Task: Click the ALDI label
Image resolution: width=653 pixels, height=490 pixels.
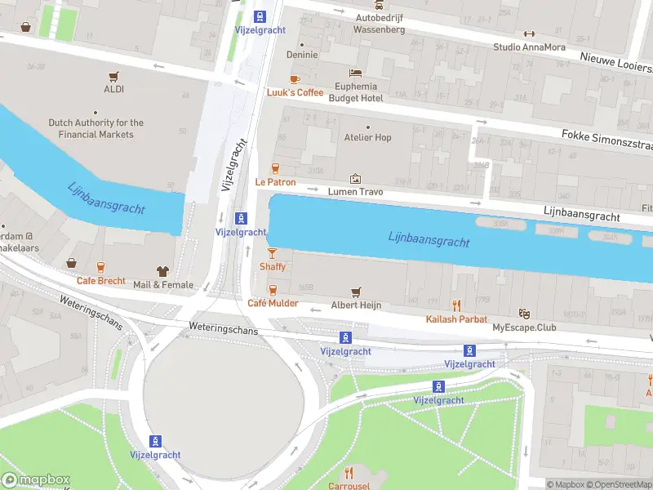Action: pos(113,89)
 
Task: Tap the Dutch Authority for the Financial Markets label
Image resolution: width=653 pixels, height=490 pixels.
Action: pos(96,128)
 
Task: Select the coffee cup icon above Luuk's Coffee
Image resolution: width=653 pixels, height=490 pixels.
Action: pos(294,79)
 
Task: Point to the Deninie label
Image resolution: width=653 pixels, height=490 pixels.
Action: pos(301,55)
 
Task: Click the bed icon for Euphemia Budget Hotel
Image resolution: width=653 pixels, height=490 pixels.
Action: pos(355,73)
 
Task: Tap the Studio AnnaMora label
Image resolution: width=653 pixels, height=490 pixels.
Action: pos(529,47)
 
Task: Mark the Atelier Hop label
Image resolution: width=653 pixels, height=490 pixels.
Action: pos(367,137)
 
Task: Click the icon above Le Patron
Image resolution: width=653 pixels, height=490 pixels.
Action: pos(275,168)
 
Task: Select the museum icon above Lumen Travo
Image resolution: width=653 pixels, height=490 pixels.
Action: pos(355,178)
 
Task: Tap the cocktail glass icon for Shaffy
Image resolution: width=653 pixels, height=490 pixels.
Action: pos(273,253)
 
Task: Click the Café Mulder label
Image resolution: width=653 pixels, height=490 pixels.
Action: pos(273,304)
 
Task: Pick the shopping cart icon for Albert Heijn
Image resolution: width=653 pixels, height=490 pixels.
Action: pos(355,292)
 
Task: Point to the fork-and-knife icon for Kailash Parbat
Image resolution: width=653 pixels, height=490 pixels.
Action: pos(456,305)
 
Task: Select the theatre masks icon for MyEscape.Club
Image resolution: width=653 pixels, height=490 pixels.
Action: pos(523,314)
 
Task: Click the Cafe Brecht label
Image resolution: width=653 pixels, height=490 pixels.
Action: pos(101,281)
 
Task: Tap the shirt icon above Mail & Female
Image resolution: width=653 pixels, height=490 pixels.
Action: pos(162,270)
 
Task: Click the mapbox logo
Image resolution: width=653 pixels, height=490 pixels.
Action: pos(36,479)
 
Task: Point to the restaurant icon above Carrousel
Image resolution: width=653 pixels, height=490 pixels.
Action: pos(349,473)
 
